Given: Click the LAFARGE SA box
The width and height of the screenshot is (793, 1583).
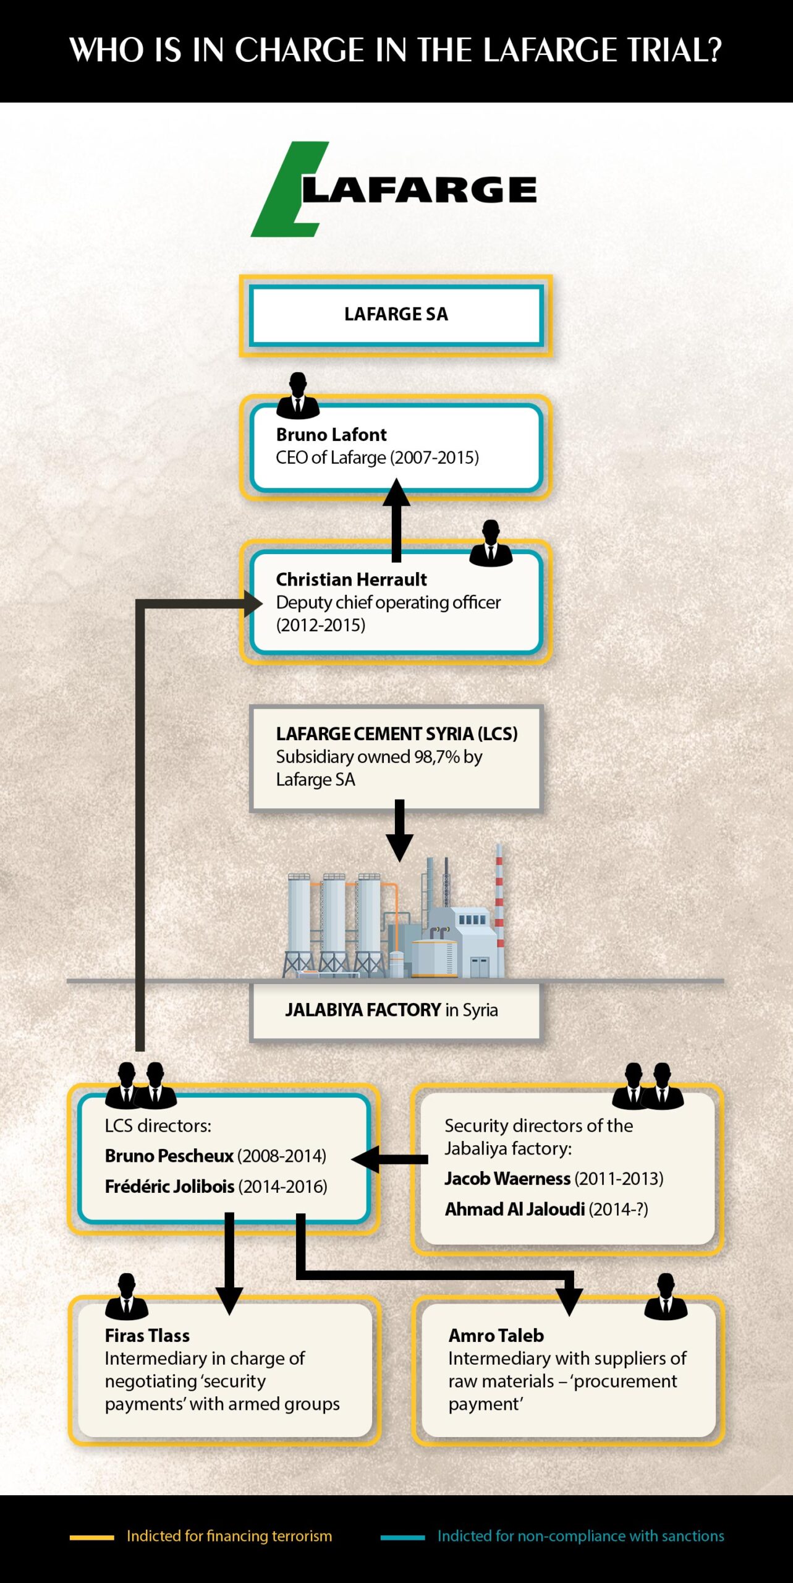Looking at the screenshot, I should coord(396,315).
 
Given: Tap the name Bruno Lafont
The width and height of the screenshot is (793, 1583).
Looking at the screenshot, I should coord(331,435).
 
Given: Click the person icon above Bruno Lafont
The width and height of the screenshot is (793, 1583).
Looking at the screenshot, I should coord(298,396).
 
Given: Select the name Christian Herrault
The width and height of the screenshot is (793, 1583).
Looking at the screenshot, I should coord(351,579).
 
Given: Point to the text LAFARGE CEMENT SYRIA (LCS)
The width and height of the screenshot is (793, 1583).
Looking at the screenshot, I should coord(397,734).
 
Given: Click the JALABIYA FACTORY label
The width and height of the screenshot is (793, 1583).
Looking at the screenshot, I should coord(391,1010).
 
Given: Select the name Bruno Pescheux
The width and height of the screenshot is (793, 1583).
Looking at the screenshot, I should coord(169,1156).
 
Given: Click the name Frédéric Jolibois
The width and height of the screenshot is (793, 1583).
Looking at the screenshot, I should coord(170,1187).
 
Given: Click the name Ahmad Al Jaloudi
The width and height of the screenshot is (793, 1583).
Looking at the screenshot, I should coord(515,1209).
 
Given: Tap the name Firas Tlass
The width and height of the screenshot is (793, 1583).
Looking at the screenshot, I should coord(147,1336).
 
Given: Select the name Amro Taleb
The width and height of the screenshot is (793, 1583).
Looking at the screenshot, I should coord(496,1336).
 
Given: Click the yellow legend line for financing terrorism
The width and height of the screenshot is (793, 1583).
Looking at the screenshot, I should coord(91,1537).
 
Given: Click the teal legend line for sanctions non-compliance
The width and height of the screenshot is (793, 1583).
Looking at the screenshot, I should coord(402,1537).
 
